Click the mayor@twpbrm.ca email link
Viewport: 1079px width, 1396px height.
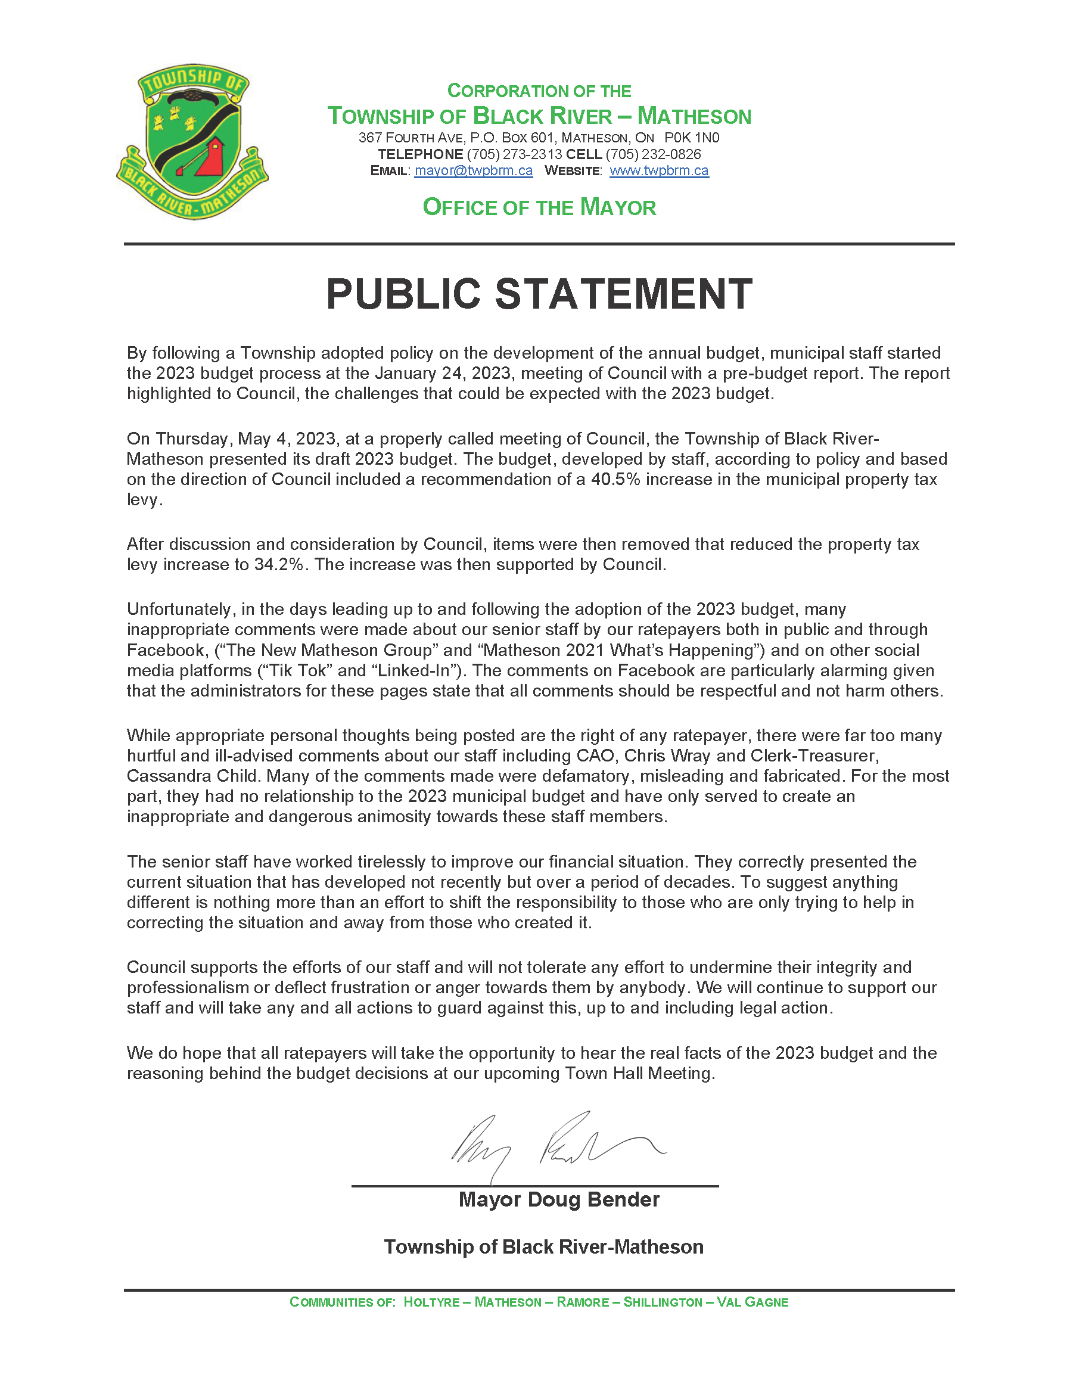pyautogui.click(x=473, y=170)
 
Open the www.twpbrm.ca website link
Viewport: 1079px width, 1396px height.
pyautogui.click(x=658, y=170)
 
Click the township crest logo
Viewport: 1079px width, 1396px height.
pyautogui.click(x=192, y=142)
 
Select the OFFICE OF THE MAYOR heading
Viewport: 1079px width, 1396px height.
pyautogui.click(x=539, y=207)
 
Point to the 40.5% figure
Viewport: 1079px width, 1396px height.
pyautogui.click(x=615, y=480)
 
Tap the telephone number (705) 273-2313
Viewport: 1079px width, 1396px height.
pyautogui.click(x=515, y=154)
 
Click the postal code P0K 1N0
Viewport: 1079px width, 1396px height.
pyautogui.click(x=692, y=138)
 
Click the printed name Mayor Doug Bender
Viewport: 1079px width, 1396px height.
pyautogui.click(x=559, y=1200)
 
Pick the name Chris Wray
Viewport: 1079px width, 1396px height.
pyautogui.click(x=667, y=755)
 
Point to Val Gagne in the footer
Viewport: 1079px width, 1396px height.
pyautogui.click(x=752, y=1302)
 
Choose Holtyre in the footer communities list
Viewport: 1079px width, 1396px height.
pyautogui.click(x=431, y=1302)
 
